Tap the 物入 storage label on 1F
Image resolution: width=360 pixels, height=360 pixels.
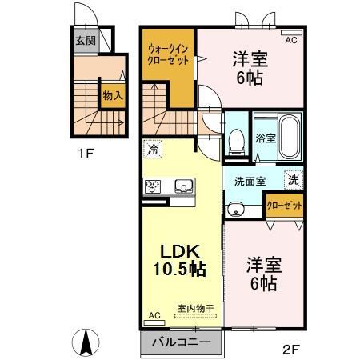[113, 95]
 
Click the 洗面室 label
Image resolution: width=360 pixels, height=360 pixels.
[251, 181]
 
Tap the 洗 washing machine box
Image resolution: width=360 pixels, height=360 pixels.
[294, 180]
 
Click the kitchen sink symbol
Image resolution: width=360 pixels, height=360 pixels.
[183, 186]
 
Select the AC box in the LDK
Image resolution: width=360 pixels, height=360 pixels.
[155, 316]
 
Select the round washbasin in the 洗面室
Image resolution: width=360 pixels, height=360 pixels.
[234, 210]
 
